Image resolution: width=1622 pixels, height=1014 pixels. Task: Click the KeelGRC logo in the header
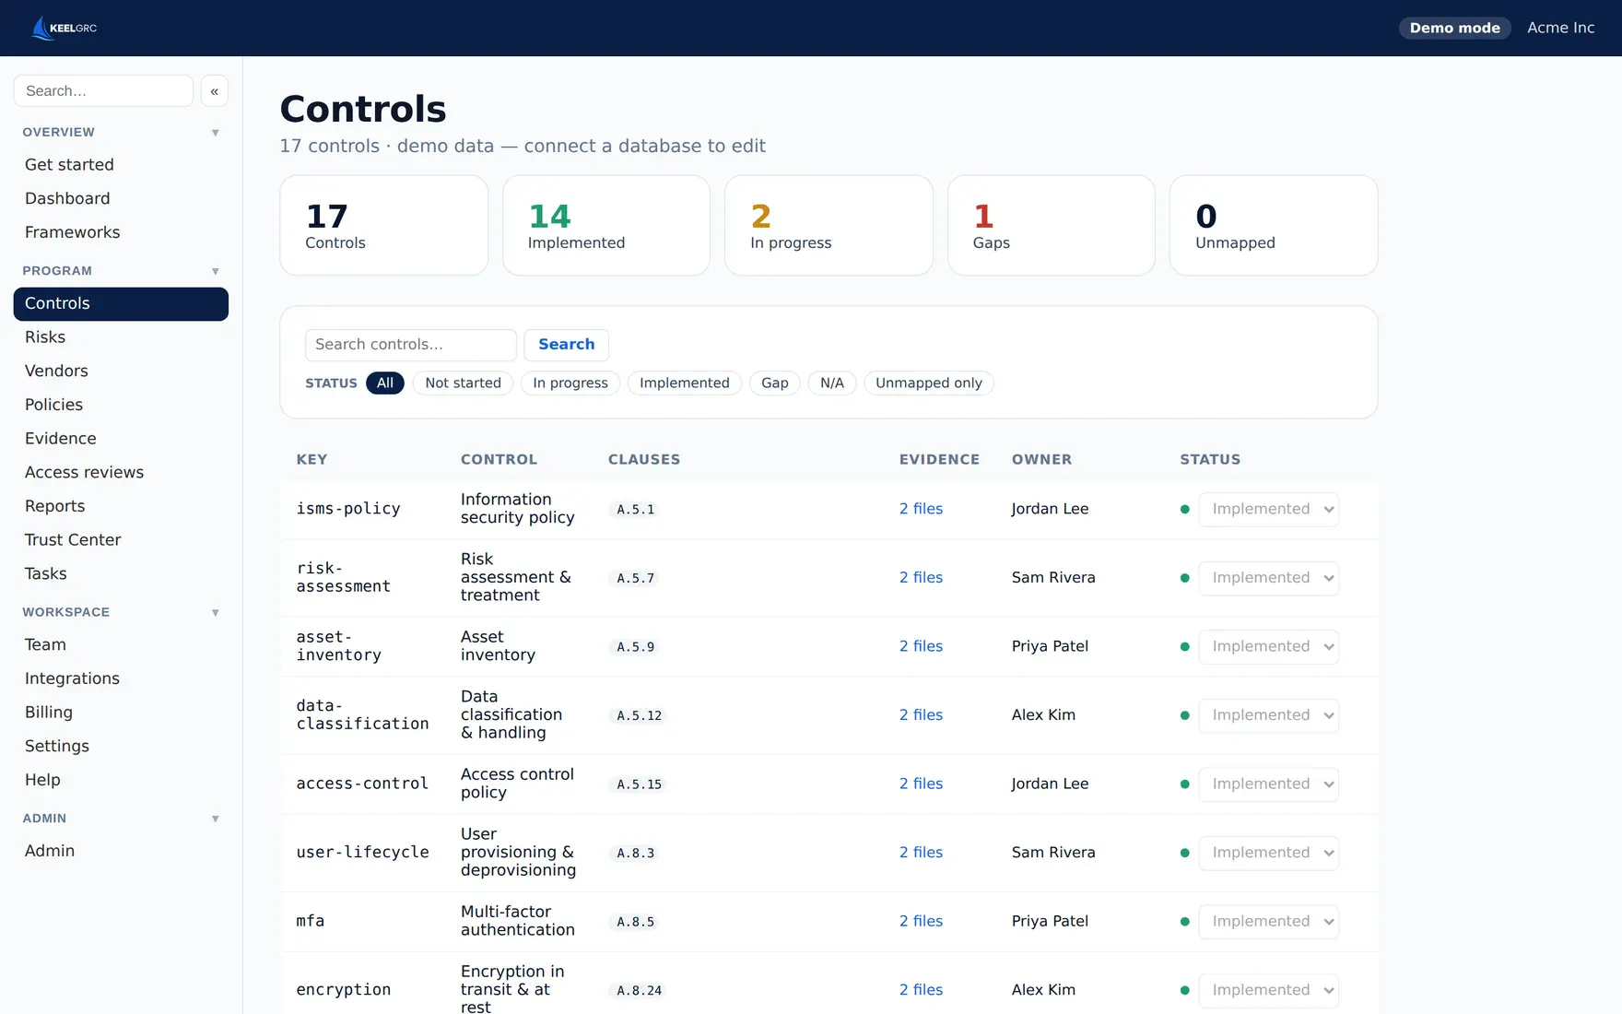point(64,28)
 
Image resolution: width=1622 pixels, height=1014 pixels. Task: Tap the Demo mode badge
point(1454,28)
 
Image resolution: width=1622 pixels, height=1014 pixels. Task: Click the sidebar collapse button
point(214,91)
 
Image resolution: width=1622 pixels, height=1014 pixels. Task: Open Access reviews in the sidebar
point(84,472)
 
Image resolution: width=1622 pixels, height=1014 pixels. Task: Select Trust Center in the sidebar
point(73,539)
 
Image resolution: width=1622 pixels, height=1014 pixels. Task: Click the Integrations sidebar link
point(72,678)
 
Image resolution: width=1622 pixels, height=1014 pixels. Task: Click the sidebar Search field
point(103,91)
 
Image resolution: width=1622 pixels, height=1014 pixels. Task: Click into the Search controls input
point(410,345)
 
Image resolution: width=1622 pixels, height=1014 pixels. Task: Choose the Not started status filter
point(463,383)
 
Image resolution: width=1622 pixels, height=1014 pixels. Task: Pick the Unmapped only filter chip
point(928,383)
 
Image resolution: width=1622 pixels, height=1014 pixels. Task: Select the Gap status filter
point(774,383)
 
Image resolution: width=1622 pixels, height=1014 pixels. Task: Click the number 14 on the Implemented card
point(549,217)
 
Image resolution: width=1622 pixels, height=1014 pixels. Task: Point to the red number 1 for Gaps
point(983,217)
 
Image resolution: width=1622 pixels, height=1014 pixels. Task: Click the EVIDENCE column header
point(939,459)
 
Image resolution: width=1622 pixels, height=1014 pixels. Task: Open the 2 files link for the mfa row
point(921,921)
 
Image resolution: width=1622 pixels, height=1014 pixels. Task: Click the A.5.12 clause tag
point(639,715)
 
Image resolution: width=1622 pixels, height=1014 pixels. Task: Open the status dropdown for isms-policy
point(1268,509)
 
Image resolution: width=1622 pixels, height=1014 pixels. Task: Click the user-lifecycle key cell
point(362,853)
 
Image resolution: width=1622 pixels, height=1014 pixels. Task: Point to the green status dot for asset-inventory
point(1184,647)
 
